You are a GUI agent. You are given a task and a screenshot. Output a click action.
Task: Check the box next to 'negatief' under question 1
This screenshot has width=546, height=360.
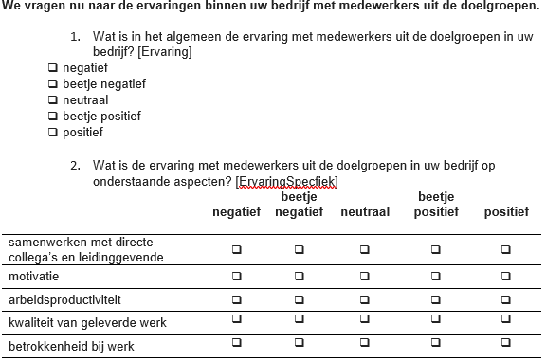pyautogui.click(x=53, y=68)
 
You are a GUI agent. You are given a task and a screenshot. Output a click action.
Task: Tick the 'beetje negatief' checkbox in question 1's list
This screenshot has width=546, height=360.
pyautogui.click(x=53, y=84)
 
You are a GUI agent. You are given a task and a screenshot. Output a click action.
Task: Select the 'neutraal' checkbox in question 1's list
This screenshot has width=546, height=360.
pyautogui.click(x=53, y=99)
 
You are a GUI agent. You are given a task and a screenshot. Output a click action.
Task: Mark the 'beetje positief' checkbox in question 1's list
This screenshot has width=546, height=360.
pyautogui.click(x=53, y=116)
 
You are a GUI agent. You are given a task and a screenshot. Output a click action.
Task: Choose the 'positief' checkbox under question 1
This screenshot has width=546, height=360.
pyautogui.click(x=53, y=132)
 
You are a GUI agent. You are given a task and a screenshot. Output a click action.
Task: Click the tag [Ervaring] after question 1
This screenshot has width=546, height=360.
pyautogui.click(x=165, y=51)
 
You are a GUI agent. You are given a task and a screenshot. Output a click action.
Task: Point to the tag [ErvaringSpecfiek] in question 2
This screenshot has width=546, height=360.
pyautogui.click(x=288, y=181)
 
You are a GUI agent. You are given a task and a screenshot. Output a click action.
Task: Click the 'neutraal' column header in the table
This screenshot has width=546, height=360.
pyautogui.click(x=365, y=212)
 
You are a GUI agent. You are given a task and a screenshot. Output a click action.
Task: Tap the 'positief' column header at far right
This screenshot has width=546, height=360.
pyautogui.click(x=506, y=212)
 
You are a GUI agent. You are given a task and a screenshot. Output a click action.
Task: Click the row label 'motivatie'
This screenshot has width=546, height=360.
pyautogui.click(x=34, y=277)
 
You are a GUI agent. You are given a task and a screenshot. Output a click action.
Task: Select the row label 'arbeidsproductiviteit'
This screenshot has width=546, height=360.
pyautogui.click(x=64, y=299)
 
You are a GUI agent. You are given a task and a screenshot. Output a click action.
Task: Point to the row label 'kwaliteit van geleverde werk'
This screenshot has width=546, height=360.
pyautogui.click(x=87, y=322)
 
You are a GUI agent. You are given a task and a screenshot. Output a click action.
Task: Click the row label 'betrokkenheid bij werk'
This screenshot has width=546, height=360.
pyautogui.click(x=71, y=346)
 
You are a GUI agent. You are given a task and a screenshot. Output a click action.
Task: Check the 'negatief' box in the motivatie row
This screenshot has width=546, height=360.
pyautogui.click(x=236, y=277)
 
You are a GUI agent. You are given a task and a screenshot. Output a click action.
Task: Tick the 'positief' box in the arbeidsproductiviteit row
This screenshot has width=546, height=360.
pyautogui.click(x=506, y=299)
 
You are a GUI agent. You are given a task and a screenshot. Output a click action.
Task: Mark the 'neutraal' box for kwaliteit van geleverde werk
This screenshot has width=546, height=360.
pyautogui.click(x=365, y=322)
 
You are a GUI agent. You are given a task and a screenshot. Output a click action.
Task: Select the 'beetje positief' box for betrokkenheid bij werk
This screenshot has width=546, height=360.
pyautogui.click(x=436, y=342)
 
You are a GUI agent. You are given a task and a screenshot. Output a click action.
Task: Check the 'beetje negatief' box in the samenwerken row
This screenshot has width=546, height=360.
pyautogui.click(x=299, y=249)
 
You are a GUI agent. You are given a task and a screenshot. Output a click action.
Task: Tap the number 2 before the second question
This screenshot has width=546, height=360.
pyautogui.click(x=74, y=166)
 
